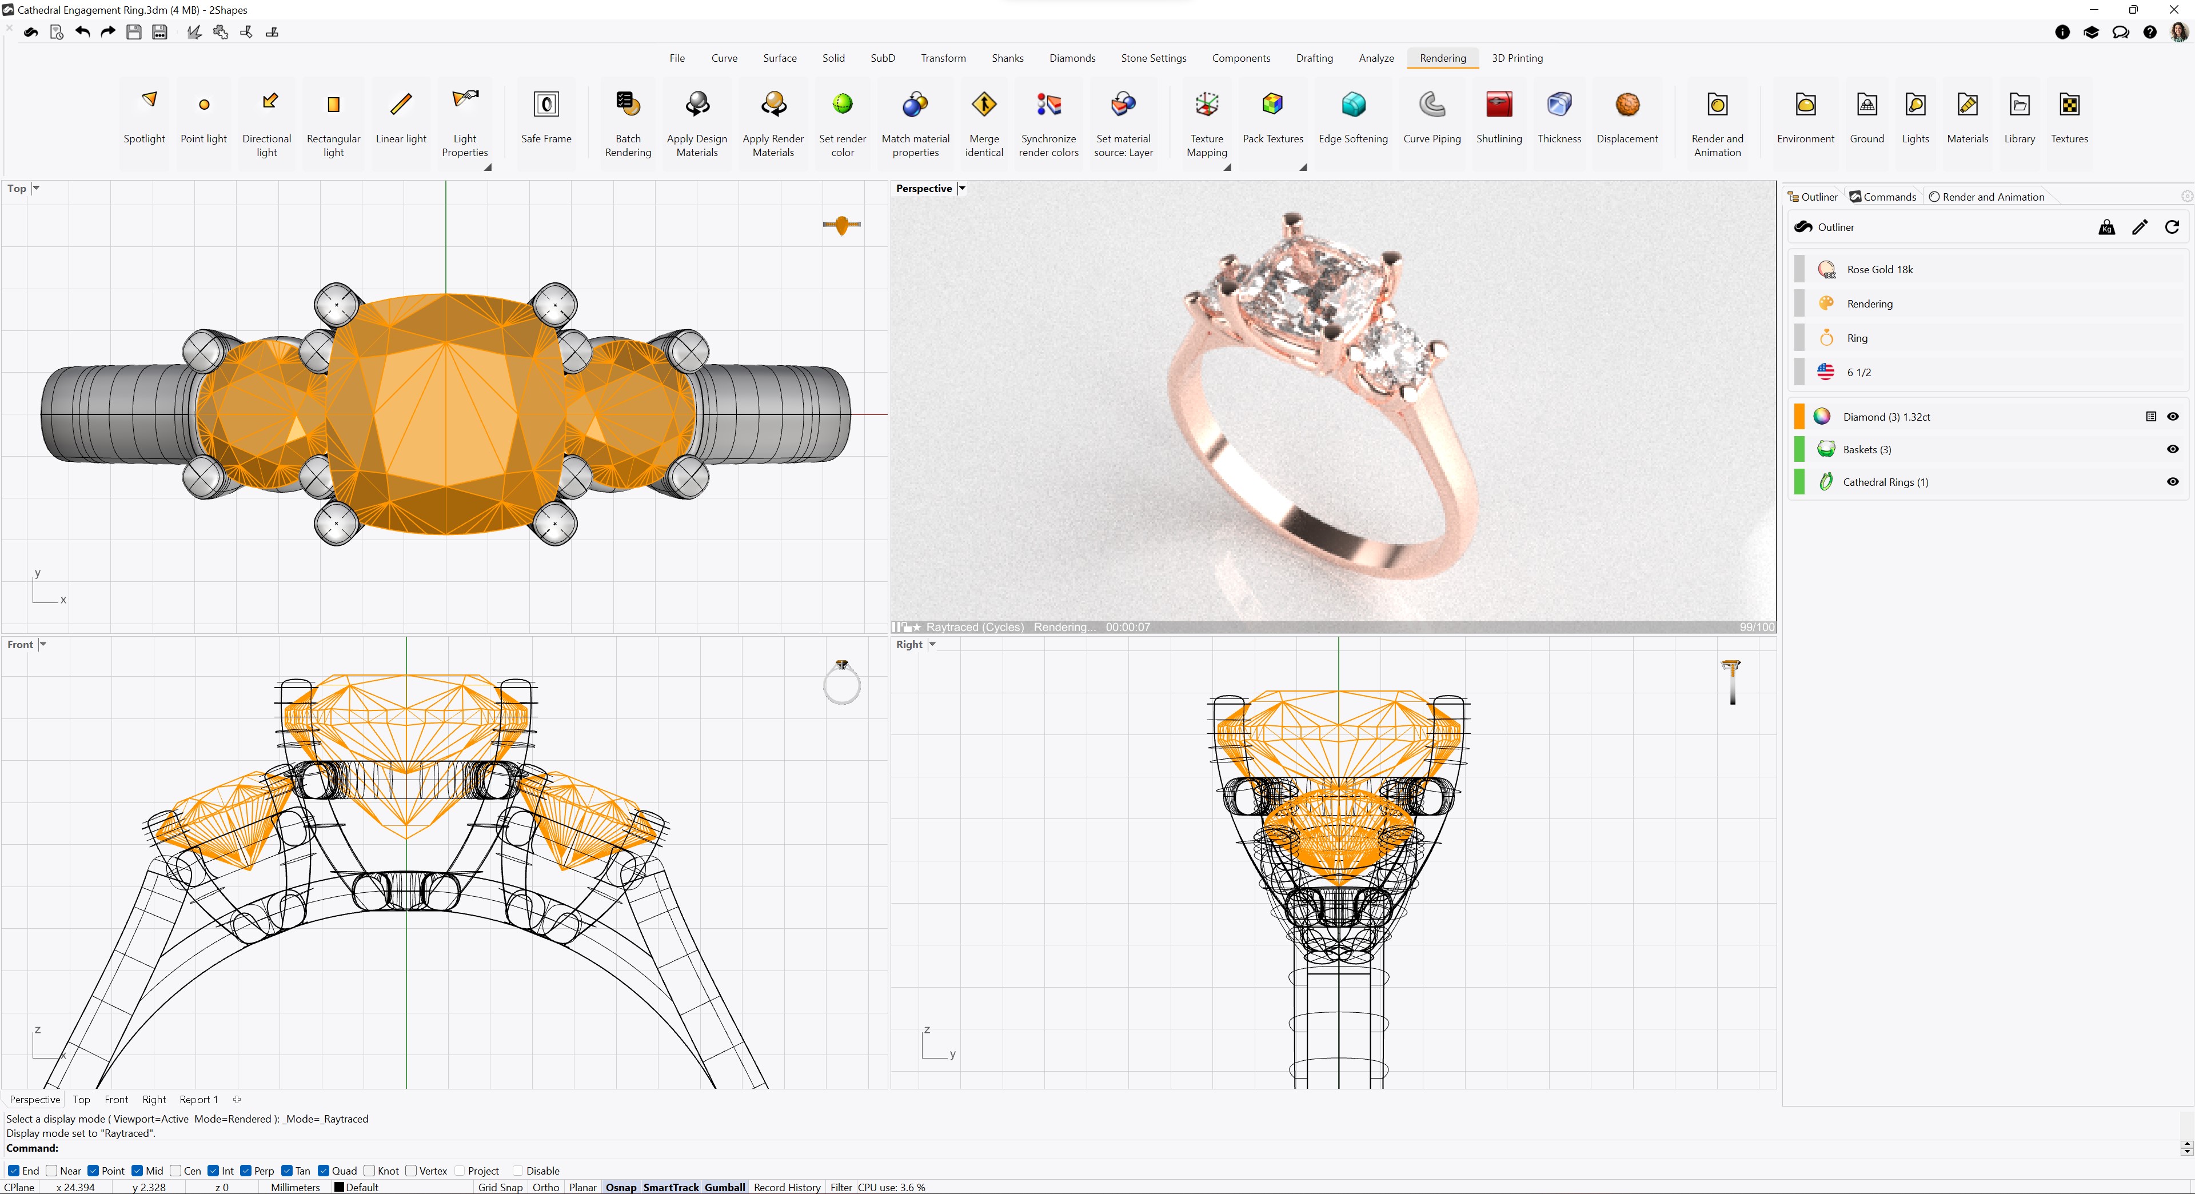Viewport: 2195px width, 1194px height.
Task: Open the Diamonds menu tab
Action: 1072,58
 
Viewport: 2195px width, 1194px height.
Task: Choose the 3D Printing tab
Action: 1516,58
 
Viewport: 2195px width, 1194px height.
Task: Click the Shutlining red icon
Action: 1499,104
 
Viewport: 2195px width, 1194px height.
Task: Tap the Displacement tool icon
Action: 1627,104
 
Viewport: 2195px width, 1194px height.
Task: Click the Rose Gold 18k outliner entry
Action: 1879,269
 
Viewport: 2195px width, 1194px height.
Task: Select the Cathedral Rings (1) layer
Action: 1885,482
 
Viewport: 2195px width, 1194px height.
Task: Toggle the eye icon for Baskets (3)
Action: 2173,449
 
